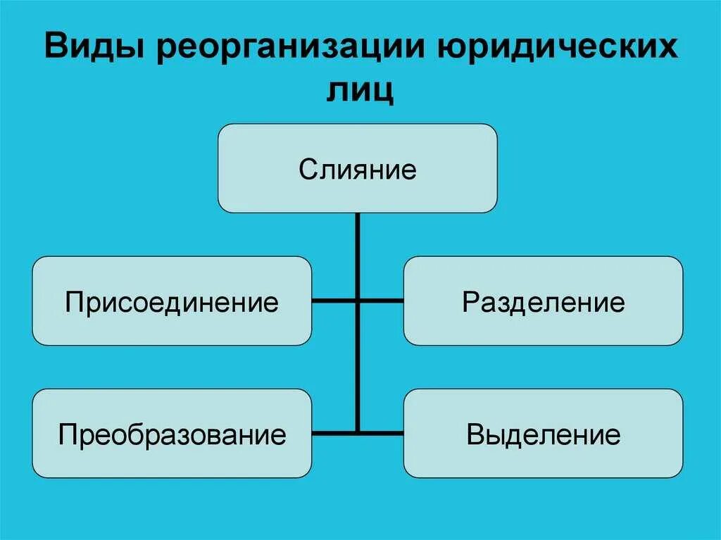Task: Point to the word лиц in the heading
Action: [360, 91]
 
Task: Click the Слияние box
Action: [358, 168]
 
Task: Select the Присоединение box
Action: [172, 301]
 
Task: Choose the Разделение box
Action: [543, 301]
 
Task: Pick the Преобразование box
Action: [172, 433]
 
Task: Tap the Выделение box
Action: [543, 433]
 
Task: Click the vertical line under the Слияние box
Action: [358, 253]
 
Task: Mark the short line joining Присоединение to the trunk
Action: [334, 301]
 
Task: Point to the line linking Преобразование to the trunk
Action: [334, 432]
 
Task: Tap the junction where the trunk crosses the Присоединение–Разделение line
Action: [358, 301]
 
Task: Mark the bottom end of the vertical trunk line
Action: [358, 431]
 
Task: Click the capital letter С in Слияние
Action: [306, 169]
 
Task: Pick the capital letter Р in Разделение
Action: [469, 302]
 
